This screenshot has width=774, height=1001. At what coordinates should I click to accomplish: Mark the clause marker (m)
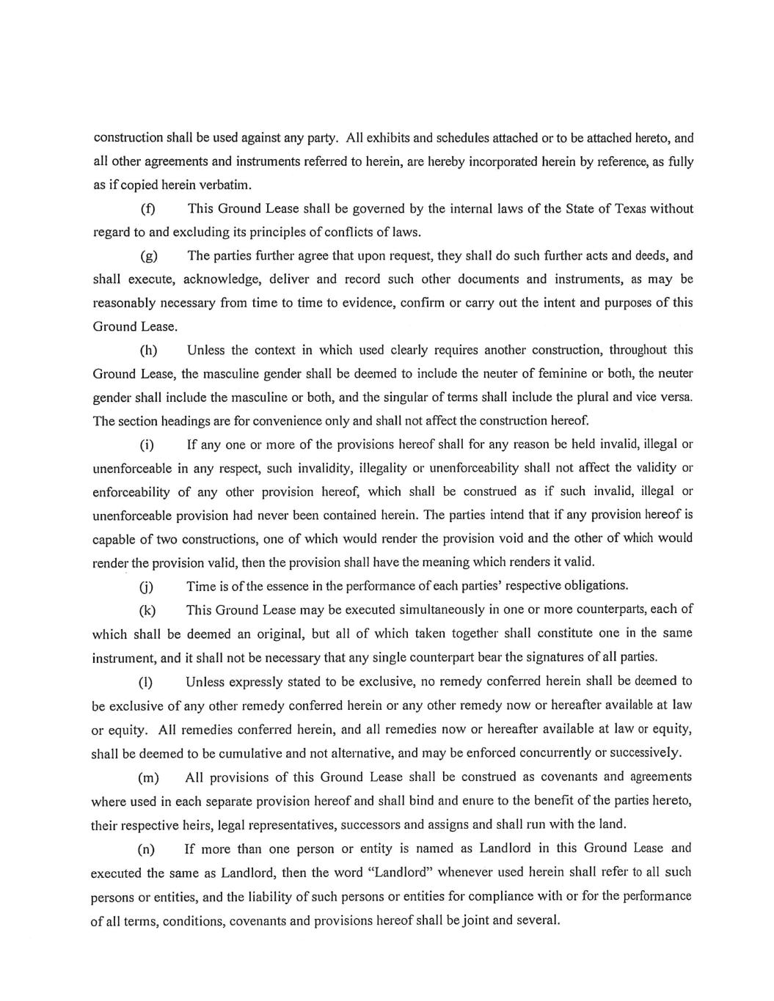pyautogui.click(x=147, y=777)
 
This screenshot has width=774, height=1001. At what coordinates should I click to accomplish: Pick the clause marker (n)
pyautogui.click(x=147, y=849)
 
